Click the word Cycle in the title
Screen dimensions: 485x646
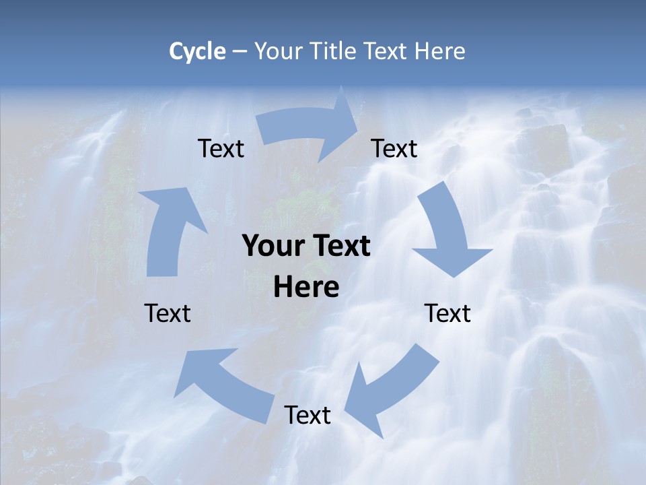click(197, 51)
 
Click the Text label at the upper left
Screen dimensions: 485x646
click(221, 148)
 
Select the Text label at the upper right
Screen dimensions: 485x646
click(394, 148)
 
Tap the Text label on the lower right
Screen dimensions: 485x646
click(447, 313)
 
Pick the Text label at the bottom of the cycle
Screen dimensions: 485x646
click(308, 415)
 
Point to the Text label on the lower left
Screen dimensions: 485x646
click(168, 313)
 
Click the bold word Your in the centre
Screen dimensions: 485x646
click(273, 247)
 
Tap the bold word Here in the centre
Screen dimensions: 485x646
click(306, 288)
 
